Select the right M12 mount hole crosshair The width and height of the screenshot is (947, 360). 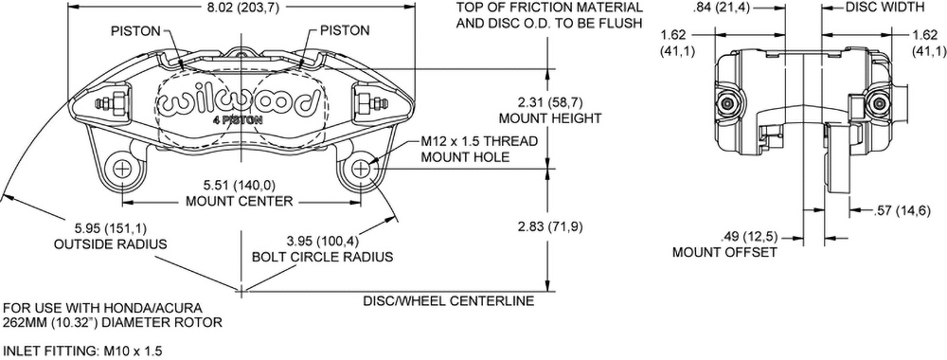(362, 170)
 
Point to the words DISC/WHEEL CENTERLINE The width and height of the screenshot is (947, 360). (449, 301)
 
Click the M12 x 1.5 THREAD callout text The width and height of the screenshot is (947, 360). (479, 142)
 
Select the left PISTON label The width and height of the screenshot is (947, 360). (135, 30)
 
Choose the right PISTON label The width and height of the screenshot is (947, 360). (345, 30)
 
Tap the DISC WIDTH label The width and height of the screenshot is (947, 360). (884, 8)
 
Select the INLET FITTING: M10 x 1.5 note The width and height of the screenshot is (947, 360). (83, 351)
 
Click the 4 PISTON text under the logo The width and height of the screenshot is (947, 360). (240, 119)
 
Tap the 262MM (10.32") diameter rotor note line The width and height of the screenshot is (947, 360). (113, 321)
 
